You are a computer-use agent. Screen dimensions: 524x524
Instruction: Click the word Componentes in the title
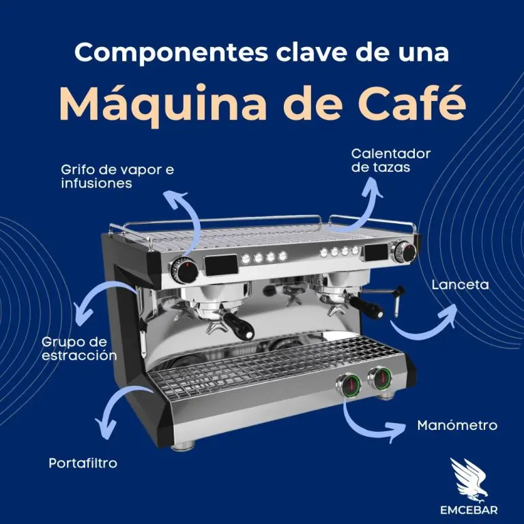(x=171, y=53)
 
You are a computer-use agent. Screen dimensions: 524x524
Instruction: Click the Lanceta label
(x=460, y=285)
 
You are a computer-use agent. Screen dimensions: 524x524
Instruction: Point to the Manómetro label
(x=457, y=426)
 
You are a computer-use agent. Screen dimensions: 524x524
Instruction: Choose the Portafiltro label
(x=83, y=463)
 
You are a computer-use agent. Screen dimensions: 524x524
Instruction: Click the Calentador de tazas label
(x=391, y=160)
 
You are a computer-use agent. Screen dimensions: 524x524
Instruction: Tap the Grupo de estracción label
(x=79, y=349)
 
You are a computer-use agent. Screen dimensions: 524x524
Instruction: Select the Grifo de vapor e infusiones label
(x=117, y=176)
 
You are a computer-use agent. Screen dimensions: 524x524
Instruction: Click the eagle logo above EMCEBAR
(x=469, y=480)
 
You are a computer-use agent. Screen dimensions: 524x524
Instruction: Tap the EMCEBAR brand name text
(x=469, y=510)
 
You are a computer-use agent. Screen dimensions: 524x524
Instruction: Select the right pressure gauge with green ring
(x=380, y=378)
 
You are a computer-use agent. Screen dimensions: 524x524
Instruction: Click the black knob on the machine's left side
(x=184, y=270)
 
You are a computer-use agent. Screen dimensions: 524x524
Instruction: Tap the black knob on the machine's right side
(x=405, y=252)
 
